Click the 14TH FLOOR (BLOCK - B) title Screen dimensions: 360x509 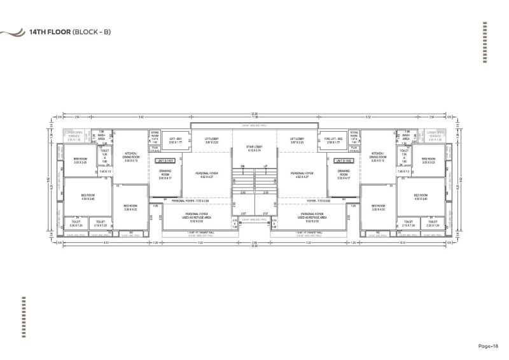click(70, 31)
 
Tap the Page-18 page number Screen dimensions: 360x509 click(491, 345)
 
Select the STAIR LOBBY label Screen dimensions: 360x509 click(254, 147)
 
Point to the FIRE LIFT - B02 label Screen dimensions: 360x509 click(334, 139)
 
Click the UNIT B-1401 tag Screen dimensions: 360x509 click(165, 161)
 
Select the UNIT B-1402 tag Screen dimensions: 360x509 click(344, 161)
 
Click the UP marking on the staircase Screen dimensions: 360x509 click(264, 167)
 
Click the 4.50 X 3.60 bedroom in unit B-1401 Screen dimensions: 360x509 click(88, 197)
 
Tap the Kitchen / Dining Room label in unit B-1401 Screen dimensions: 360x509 click(131, 155)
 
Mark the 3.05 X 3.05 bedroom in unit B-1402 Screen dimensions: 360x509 click(428, 161)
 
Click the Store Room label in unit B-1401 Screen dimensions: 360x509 click(155, 135)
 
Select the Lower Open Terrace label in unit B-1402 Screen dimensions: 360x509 click(435, 135)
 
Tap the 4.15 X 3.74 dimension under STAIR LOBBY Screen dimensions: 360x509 click(254, 151)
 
